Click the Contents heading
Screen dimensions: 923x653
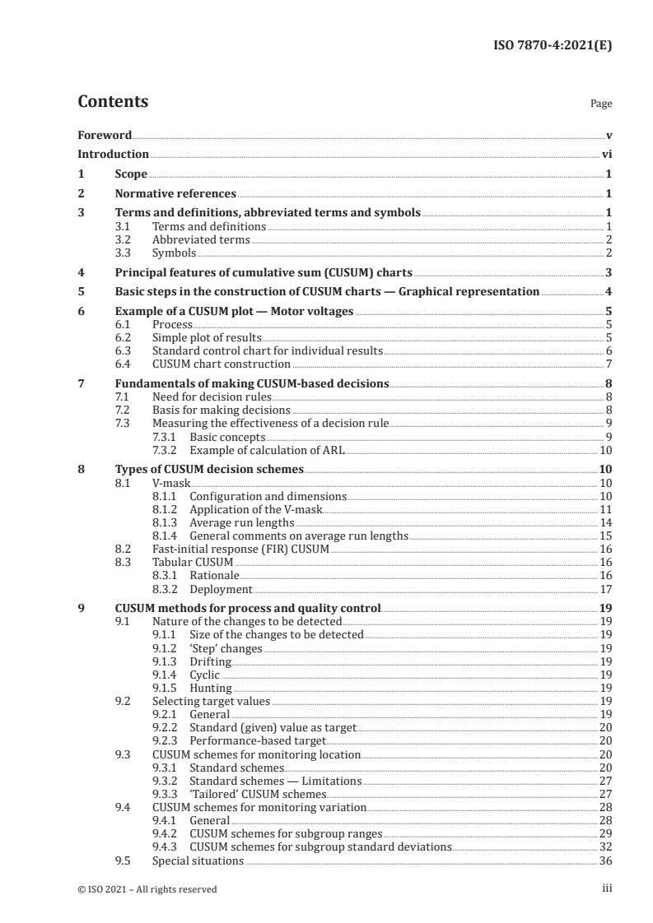(x=113, y=102)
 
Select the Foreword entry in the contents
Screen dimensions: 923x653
(x=104, y=135)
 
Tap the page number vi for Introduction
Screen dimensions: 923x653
(x=606, y=154)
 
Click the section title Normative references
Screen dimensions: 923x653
(x=175, y=194)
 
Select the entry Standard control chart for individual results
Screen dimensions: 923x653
(x=267, y=350)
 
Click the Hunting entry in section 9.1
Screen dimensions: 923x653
(x=210, y=688)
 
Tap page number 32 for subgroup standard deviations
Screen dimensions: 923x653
(x=604, y=846)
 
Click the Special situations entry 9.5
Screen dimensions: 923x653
(x=198, y=860)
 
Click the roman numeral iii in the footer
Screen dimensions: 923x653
(x=607, y=888)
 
